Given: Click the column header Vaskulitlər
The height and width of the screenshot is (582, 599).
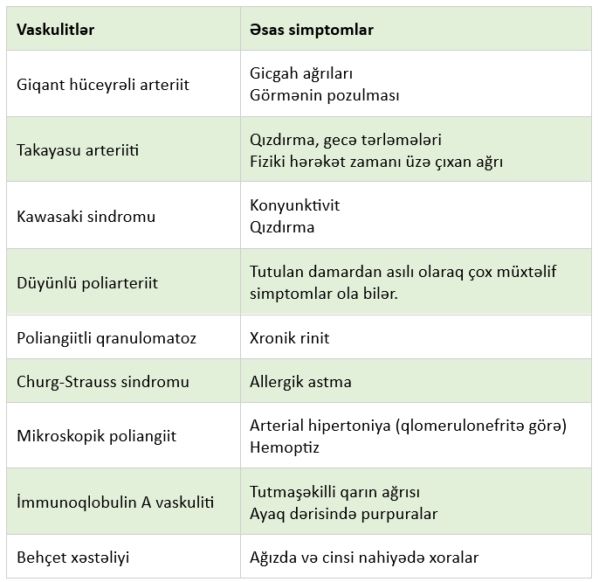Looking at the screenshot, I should point(56,30).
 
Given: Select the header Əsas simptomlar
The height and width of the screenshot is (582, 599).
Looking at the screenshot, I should point(312,30).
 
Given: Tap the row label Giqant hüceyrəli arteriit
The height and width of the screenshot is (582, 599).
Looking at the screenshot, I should point(103,85).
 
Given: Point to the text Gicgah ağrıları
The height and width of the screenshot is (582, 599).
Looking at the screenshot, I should point(301,74).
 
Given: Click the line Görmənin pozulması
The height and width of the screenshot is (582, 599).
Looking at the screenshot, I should point(324,95).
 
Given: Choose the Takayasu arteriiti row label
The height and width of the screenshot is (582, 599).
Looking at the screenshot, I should point(78,150).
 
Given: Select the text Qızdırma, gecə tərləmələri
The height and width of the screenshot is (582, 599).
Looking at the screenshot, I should point(346,140).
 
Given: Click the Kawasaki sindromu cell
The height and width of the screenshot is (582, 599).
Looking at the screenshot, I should point(86,216).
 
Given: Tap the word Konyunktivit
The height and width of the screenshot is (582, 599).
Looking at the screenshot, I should point(294,205).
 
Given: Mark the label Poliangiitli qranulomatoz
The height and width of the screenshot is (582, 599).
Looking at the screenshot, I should point(107,337).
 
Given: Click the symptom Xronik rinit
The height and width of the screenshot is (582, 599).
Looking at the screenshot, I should point(290,337).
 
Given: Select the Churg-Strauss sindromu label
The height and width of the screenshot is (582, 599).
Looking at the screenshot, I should point(103,382).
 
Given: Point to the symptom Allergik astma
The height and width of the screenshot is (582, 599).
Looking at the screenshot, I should point(300,382).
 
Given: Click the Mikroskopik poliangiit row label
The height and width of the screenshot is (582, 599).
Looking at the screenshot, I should point(96,436).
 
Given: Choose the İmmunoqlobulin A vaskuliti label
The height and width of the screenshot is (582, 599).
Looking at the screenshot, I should point(116,503).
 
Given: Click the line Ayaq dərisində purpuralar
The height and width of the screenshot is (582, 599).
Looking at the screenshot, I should point(343,514).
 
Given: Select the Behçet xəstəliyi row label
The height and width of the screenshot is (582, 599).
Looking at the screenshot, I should point(73,558).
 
